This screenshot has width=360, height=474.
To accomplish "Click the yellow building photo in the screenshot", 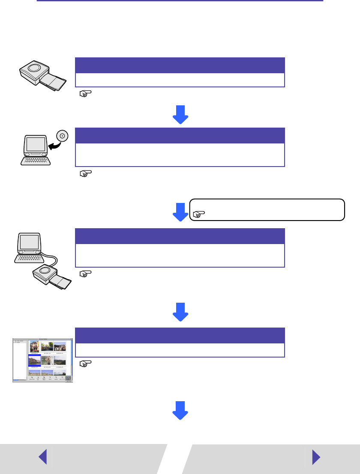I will (x=34, y=346).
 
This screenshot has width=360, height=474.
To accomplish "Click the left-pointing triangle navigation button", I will (x=42, y=457).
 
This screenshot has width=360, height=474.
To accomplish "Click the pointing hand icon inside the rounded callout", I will (x=198, y=213).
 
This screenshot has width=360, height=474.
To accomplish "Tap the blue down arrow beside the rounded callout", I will (x=180, y=212).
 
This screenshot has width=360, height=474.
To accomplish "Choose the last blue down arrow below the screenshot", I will (x=180, y=410).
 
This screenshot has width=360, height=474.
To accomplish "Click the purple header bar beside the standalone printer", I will (x=180, y=65).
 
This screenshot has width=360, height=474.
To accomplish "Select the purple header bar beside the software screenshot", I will (x=180, y=335).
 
